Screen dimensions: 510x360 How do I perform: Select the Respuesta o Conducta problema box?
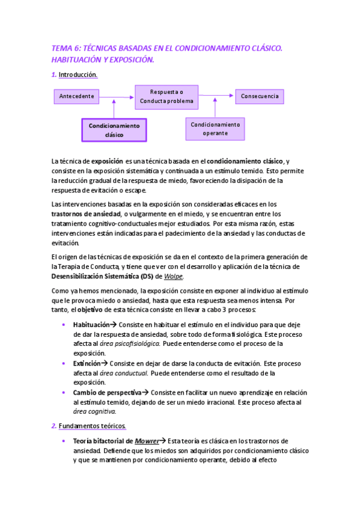(166, 96)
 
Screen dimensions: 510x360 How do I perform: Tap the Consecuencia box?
(259, 96)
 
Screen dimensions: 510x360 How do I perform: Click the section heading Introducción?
(78, 75)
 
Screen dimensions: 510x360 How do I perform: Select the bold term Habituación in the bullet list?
(95, 324)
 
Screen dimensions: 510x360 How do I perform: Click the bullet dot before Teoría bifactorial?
(64, 441)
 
